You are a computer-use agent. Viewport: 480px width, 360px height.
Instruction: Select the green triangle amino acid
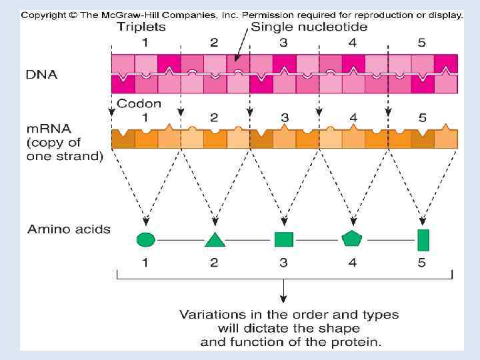tap(215, 239)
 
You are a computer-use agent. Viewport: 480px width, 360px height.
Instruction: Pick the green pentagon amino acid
tap(352, 238)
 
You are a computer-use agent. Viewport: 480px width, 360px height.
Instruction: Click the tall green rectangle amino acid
tap(423, 239)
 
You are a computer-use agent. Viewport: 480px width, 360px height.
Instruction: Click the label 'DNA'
tap(42, 74)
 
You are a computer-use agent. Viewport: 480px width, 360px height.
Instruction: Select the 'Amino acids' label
tap(69, 229)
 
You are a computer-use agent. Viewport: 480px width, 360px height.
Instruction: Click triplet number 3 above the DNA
tap(284, 43)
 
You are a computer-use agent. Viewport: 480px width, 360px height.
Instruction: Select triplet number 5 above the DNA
tap(422, 43)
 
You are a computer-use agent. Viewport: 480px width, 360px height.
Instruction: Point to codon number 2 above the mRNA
tap(215, 117)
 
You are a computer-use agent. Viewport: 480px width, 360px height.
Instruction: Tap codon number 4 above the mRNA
tap(353, 117)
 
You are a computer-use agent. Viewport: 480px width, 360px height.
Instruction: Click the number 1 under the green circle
tap(145, 262)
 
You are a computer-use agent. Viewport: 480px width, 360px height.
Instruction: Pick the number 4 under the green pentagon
tap(352, 262)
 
